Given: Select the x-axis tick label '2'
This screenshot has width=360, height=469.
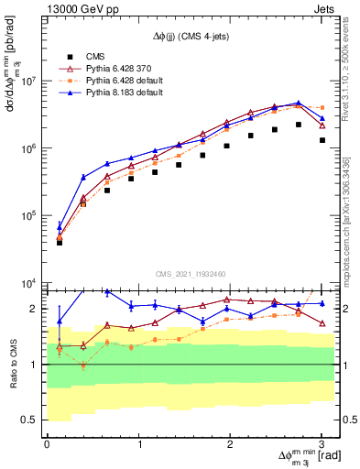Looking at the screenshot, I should click(230, 443).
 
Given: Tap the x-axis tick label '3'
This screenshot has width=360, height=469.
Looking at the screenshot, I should click(322, 443).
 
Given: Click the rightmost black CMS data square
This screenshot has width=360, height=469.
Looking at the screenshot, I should click(322, 140).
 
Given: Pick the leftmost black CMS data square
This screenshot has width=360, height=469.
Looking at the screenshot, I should click(60, 243).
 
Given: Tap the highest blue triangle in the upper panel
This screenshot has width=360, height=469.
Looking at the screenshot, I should click(299, 104).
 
